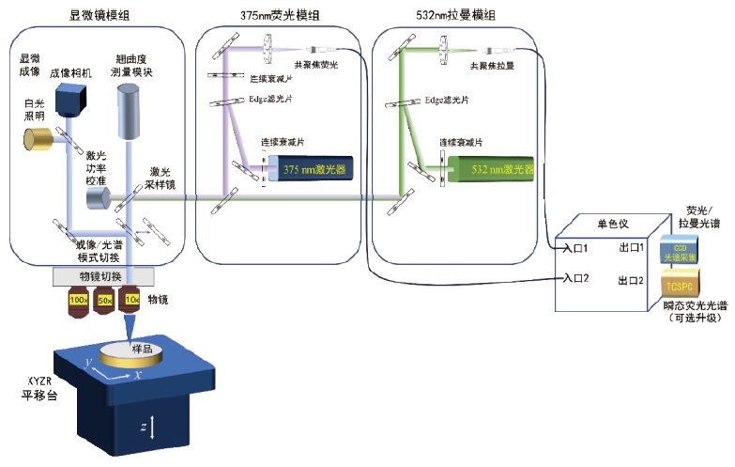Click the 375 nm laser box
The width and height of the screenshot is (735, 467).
(x=309, y=170)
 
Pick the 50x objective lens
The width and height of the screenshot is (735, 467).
(x=104, y=301)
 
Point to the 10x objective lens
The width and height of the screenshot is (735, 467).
(x=133, y=301)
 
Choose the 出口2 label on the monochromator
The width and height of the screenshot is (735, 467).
(x=630, y=280)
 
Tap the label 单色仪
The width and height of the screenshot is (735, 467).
(x=613, y=224)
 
